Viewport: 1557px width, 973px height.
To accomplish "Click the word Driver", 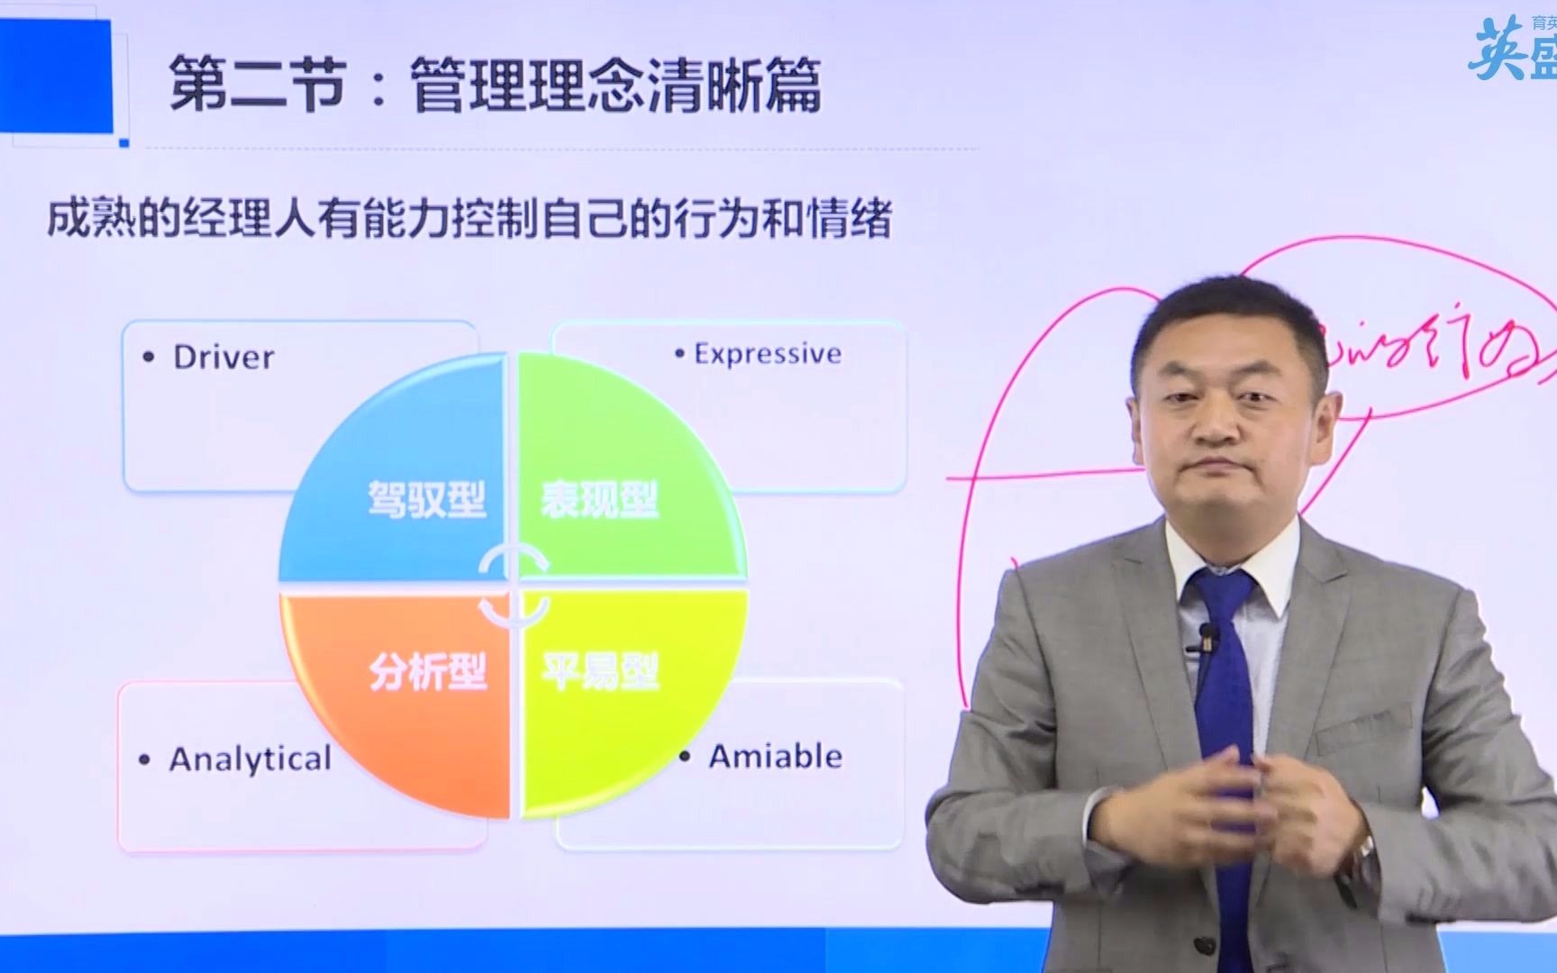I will tap(223, 358).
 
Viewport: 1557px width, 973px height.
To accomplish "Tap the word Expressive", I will tap(768, 354).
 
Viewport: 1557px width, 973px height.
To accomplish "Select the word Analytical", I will tap(250, 759).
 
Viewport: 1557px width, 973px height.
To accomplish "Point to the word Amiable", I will tap(775, 757).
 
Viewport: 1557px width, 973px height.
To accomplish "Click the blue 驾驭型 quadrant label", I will tap(426, 499).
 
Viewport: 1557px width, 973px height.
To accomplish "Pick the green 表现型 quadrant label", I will tap(599, 499).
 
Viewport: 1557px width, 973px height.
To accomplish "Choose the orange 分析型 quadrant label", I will tap(428, 671).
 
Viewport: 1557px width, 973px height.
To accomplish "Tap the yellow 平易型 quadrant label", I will tap(600, 671).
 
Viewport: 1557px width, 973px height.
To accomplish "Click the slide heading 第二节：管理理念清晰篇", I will tap(495, 86).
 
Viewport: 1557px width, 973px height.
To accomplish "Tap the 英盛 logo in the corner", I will tap(1514, 50).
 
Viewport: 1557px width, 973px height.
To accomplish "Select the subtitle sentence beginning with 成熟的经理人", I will tap(469, 220).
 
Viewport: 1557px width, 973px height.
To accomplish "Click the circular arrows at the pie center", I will tap(514, 586).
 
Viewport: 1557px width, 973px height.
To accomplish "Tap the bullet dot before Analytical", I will tap(144, 760).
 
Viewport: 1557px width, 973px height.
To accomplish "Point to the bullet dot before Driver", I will tap(149, 358).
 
